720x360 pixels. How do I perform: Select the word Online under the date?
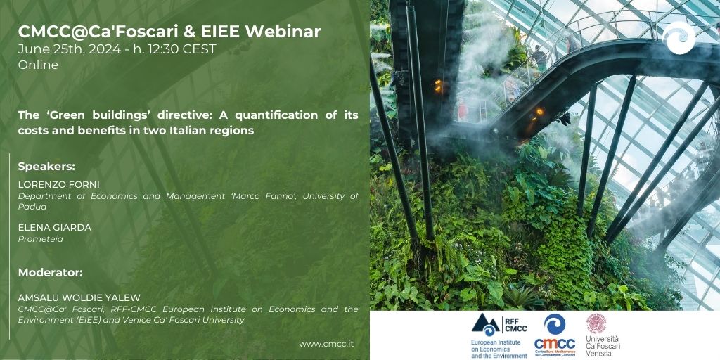[x=38, y=65]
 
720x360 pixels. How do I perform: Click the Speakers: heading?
[x=46, y=167]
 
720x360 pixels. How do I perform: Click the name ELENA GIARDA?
[x=55, y=228]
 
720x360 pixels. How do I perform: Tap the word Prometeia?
[x=40, y=239]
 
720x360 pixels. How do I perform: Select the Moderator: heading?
[x=50, y=272]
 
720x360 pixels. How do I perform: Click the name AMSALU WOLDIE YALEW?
[x=79, y=298]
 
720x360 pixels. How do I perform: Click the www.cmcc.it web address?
[x=326, y=344]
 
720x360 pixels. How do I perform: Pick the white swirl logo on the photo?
[x=679, y=38]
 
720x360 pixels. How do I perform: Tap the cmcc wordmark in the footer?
[x=555, y=343]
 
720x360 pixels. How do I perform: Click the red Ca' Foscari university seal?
[x=596, y=323]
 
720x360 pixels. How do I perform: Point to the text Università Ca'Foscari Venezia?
[x=603, y=346]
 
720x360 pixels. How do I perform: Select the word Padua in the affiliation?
[x=32, y=207]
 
